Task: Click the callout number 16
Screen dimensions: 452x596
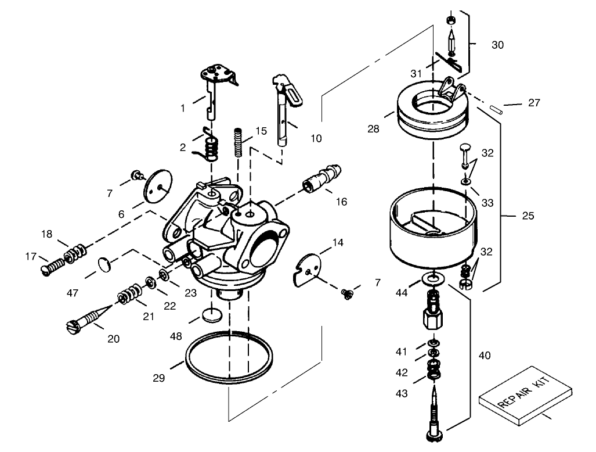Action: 341,202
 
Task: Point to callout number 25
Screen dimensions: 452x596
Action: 528,216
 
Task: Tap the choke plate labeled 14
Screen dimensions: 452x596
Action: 307,267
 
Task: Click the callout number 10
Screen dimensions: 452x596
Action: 316,138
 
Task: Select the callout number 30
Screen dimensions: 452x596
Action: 497,44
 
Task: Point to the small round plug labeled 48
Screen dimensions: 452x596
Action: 213,315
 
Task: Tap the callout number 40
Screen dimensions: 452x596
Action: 484,355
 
